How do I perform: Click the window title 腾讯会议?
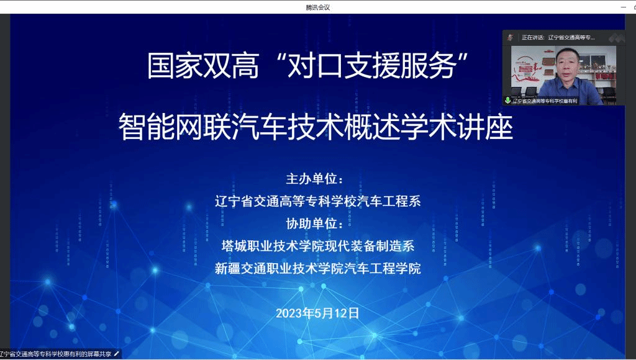317,7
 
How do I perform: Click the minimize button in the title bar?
624,7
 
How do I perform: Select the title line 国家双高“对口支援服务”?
307,66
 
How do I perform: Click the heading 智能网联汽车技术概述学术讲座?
316,127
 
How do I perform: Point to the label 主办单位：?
315,179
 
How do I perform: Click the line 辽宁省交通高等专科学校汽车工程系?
317,201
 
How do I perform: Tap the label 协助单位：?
315,223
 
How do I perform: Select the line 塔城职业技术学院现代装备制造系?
317,246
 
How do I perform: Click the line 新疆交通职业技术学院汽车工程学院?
317,268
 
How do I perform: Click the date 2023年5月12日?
317,313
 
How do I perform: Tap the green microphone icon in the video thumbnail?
507,100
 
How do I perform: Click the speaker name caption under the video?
545,101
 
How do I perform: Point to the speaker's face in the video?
566,63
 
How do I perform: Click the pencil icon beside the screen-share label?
117,354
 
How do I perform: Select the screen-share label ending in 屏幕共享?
55,354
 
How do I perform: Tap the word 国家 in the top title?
175,66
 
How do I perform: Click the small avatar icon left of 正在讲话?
511,38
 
